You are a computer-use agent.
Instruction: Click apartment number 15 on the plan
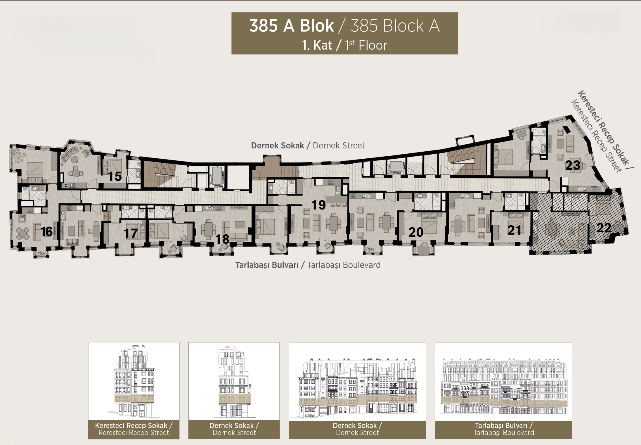pos(115,176)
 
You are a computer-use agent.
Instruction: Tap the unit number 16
pos(47,232)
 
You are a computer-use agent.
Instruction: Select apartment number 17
pos(131,233)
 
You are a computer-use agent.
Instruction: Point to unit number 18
pos(222,239)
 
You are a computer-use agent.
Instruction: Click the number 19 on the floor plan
pos(318,205)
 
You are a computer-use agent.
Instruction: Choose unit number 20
pos(416,232)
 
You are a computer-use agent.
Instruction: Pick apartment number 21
pos(514,230)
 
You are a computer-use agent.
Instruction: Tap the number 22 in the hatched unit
pos(604,228)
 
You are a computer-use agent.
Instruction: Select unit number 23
pos(573,165)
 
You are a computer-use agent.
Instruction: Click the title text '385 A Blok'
pos(292,26)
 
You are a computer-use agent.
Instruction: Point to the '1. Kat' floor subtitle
pos(318,45)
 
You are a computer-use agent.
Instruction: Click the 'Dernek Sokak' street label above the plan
pos(278,146)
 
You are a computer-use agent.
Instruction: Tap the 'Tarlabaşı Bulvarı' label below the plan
pos(267,265)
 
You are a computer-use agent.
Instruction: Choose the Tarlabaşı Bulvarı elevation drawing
pos(503,386)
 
